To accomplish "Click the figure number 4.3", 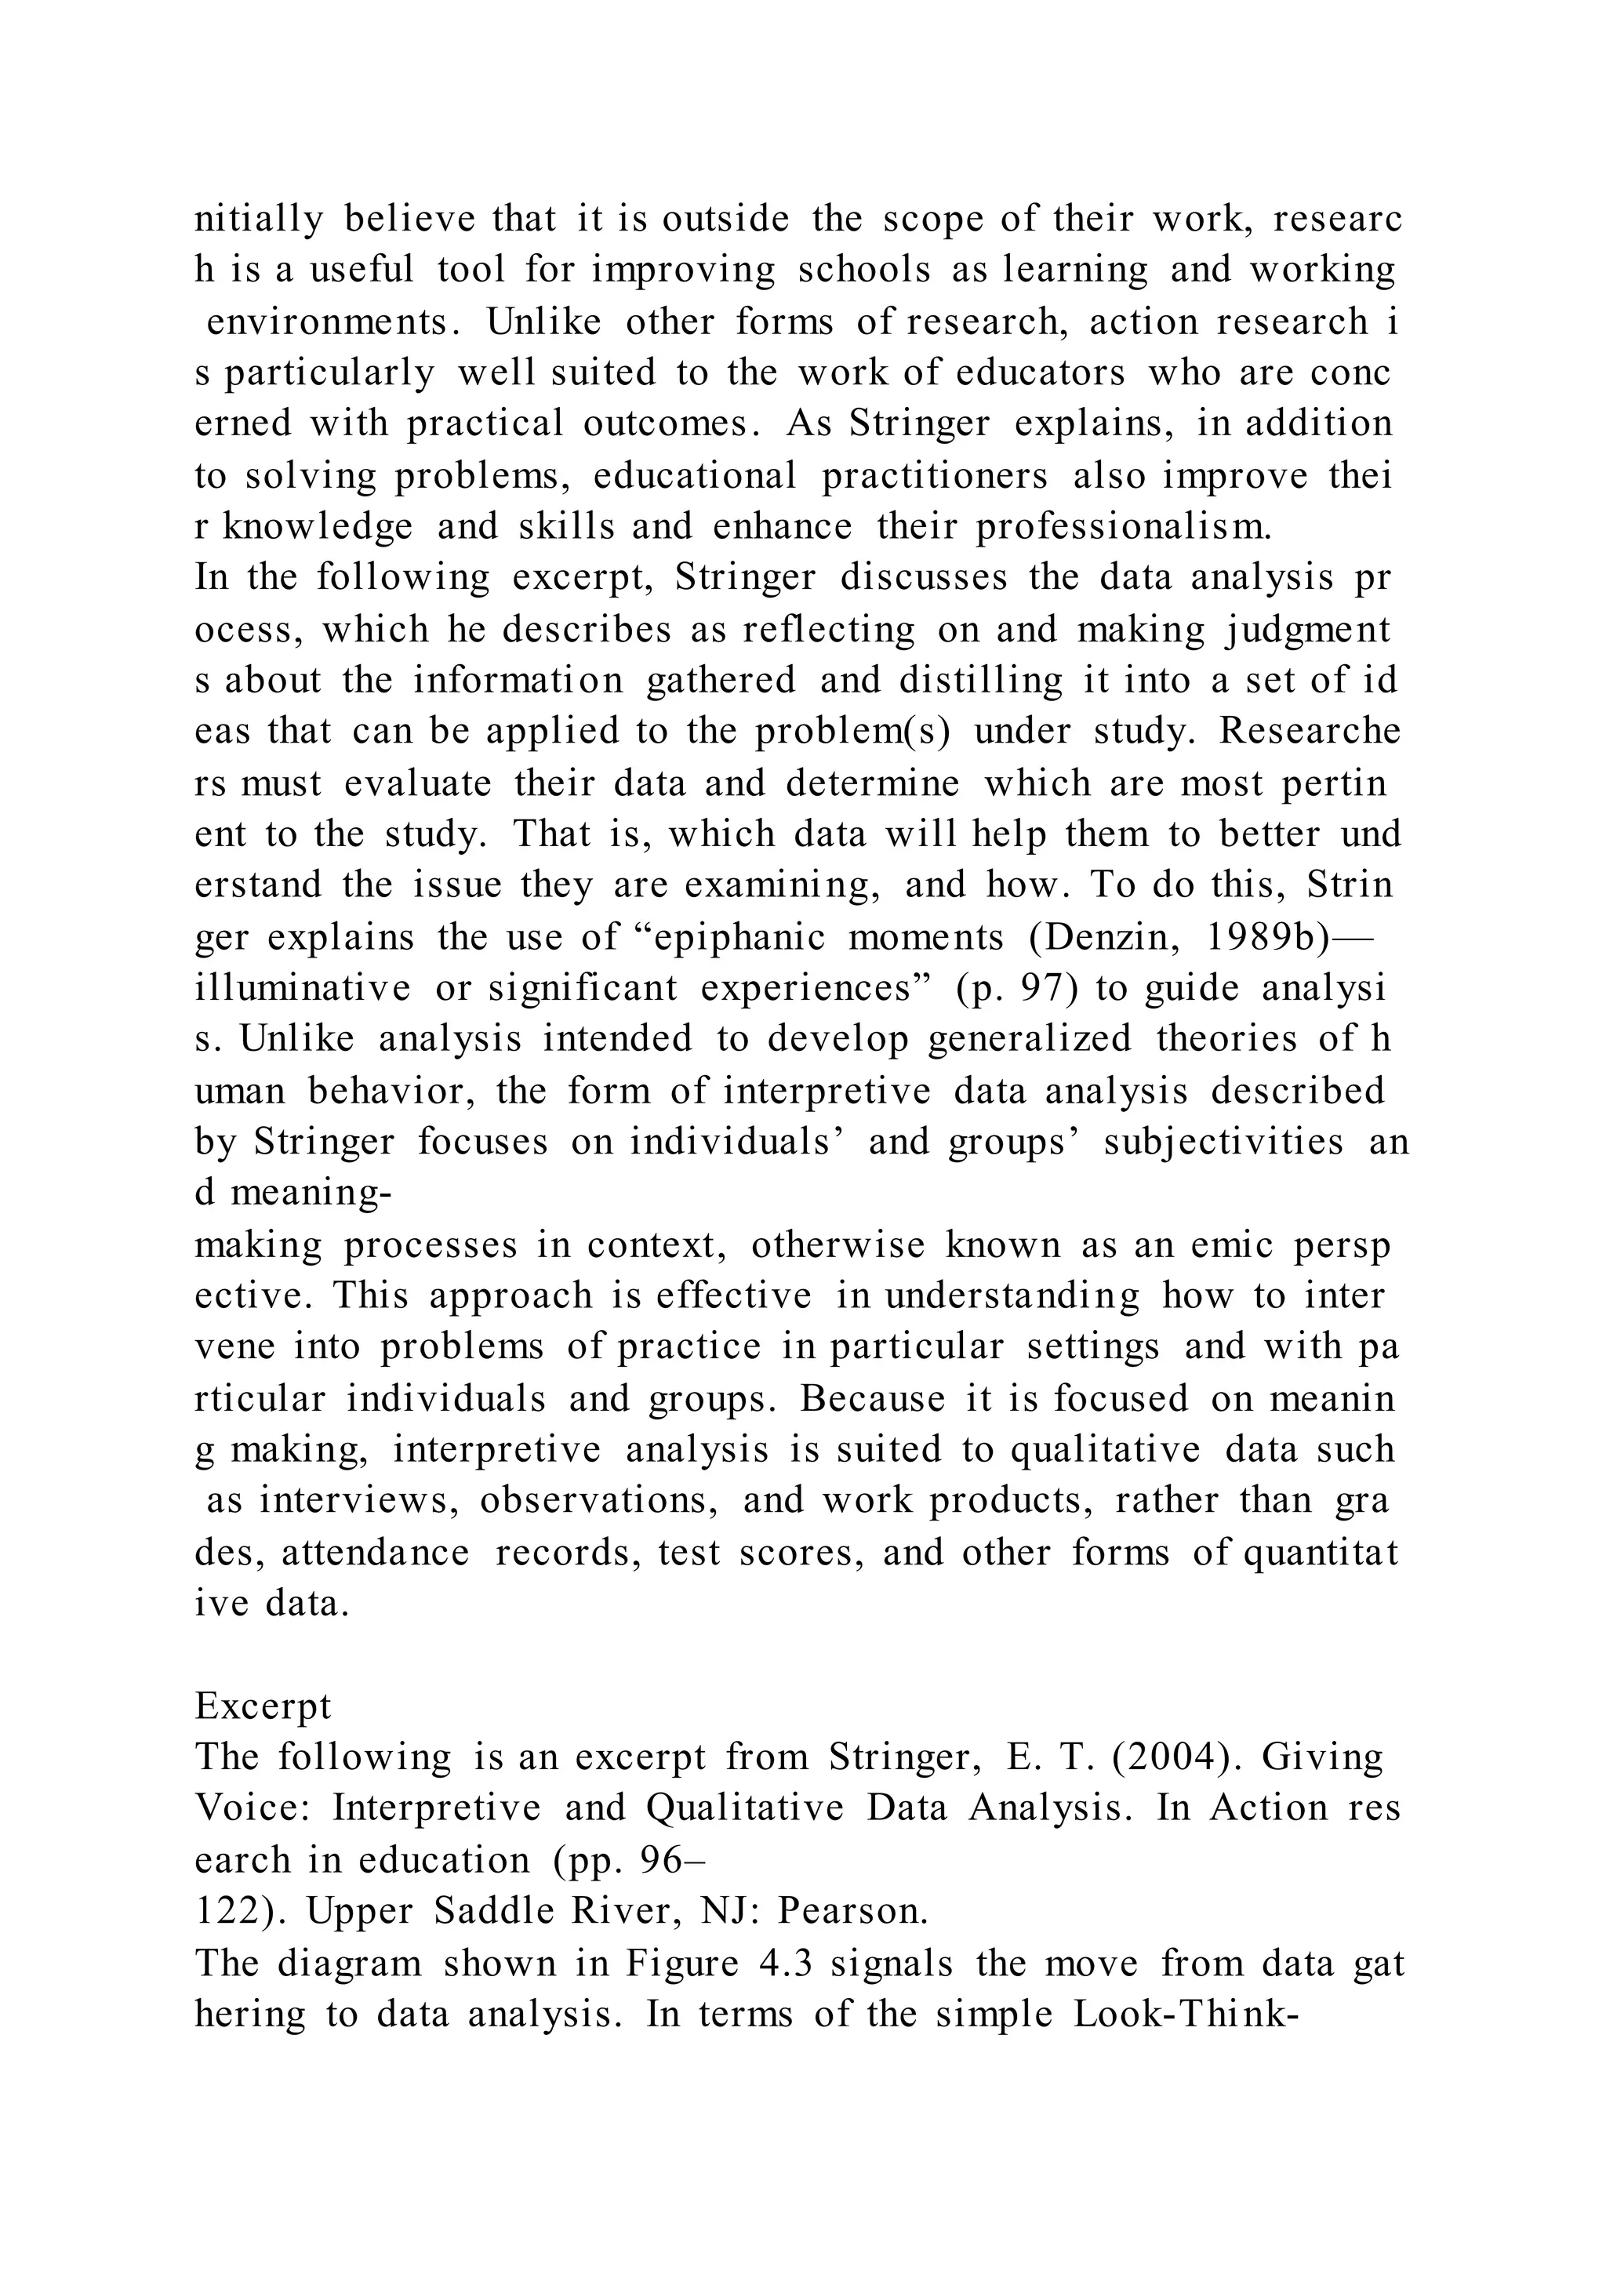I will (x=785, y=1962).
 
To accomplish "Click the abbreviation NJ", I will (x=728, y=1912).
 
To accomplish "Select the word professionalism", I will (x=1124, y=526).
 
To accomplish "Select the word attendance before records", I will (x=376, y=1552).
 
